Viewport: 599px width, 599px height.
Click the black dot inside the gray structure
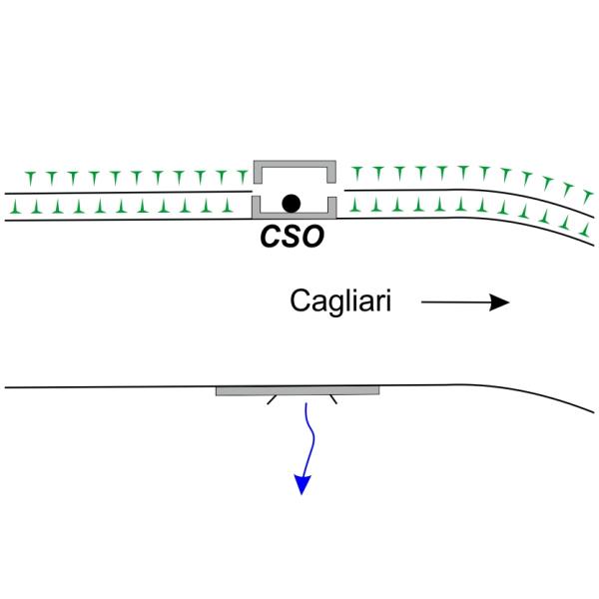pos(291,204)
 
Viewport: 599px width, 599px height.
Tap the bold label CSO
pos(294,241)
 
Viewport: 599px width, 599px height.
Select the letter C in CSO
pos(271,241)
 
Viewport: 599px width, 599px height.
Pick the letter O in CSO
pos(315,241)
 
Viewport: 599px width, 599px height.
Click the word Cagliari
pos(340,300)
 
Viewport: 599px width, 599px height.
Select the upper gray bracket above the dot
pos(294,165)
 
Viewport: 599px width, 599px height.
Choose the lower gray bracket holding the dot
pos(294,214)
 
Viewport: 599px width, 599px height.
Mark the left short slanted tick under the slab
pos(272,400)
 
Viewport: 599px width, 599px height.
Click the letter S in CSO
pos(293,241)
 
